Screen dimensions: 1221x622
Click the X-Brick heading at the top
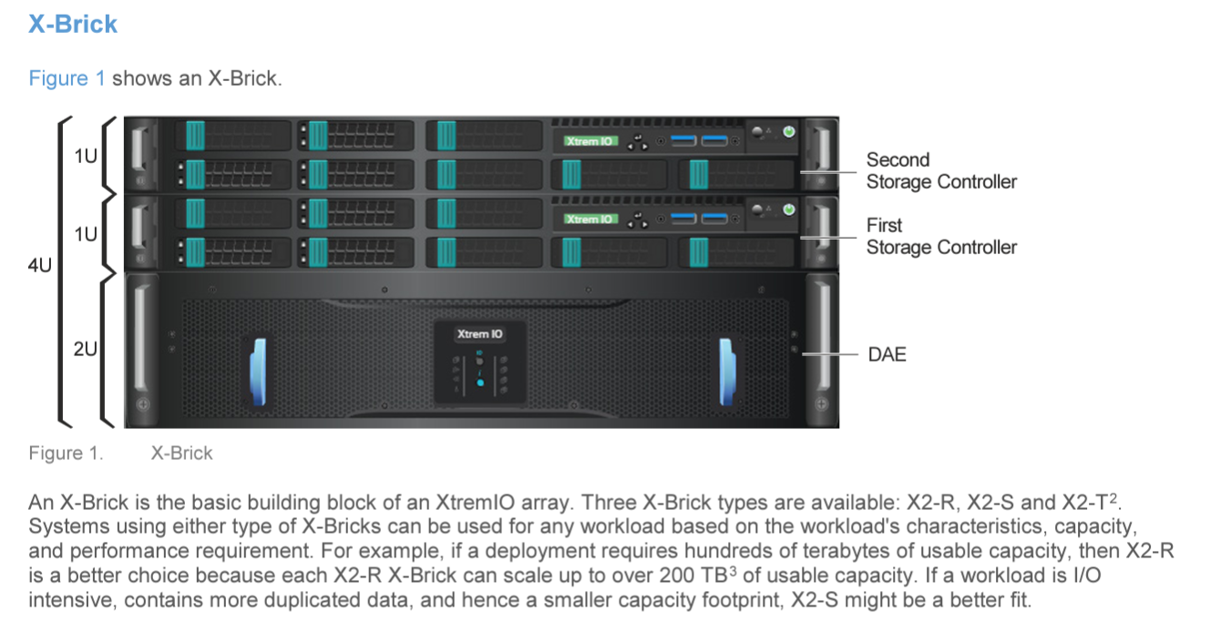click(73, 24)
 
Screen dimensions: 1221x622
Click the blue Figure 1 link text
click(67, 78)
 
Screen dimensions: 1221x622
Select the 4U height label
click(40, 265)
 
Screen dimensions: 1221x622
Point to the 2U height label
click(86, 349)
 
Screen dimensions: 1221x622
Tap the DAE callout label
click(887, 354)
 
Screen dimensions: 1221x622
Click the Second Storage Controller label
click(941, 170)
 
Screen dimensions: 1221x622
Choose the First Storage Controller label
click(941, 236)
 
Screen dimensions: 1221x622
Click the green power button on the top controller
click(789, 132)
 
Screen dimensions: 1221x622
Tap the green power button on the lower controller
click(789, 209)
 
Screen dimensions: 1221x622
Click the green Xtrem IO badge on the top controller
click(590, 141)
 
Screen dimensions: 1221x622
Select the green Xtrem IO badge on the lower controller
click(590, 219)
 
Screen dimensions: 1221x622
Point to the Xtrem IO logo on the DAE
click(479, 334)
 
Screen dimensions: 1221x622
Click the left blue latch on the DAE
click(259, 372)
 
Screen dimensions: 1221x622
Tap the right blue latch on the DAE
click(727, 372)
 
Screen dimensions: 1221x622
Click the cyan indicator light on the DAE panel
click(480, 382)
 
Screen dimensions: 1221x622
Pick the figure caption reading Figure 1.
click(66, 454)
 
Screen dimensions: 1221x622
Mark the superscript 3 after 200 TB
click(733, 571)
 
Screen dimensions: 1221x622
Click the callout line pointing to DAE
click(829, 354)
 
